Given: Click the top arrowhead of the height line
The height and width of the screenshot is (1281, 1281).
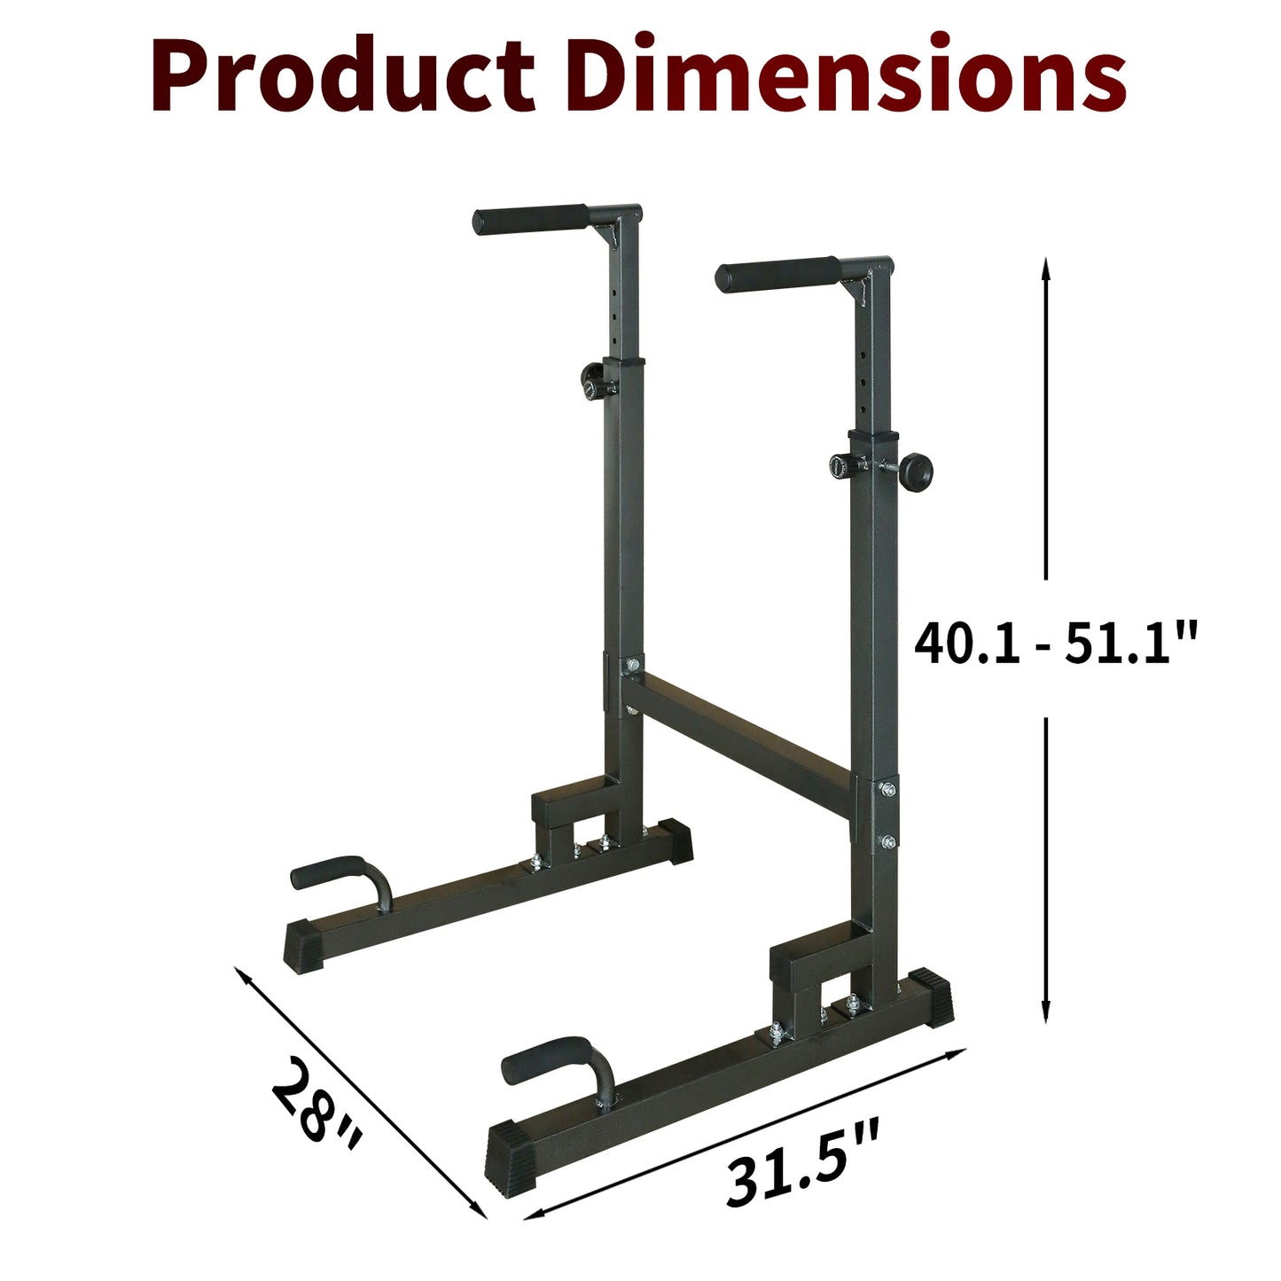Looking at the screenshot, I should (1046, 265).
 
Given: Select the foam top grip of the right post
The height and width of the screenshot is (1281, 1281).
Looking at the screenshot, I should (777, 274).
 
